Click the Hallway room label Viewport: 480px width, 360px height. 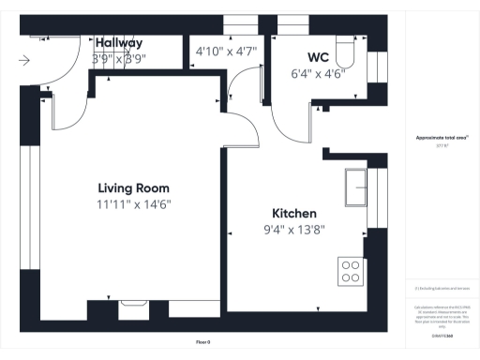tap(118, 43)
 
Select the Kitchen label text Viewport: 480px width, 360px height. tap(294, 213)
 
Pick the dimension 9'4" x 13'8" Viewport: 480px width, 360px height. tap(294, 229)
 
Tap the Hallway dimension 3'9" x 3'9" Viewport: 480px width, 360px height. tap(118, 58)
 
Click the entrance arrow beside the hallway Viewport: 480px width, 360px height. tap(23, 61)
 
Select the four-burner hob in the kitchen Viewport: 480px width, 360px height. tap(352, 271)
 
